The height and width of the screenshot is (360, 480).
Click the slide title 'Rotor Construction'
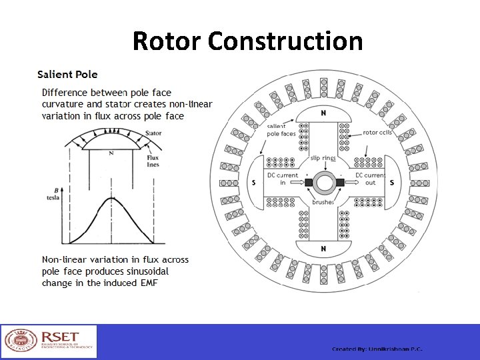pos(247,41)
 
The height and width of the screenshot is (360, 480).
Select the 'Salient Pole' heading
pos(67,75)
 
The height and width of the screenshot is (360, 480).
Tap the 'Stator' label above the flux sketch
pos(153,133)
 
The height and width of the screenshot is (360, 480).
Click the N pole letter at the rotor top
pos(323,113)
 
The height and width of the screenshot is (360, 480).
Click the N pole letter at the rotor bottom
pos(323,249)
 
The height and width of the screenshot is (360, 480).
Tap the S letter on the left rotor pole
pos(253,182)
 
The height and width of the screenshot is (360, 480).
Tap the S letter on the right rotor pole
pos(391,182)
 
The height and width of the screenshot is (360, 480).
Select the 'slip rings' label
pos(323,158)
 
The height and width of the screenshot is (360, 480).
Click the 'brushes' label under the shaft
pos(323,201)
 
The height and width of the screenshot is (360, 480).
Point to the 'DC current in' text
pos(283,179)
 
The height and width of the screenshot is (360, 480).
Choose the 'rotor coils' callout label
pos(379,133)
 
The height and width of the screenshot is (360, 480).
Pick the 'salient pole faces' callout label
pos(281,130)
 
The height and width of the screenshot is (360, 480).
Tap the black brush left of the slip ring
pos(308,183)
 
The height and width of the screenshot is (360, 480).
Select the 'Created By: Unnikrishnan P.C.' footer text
pos(377,349)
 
